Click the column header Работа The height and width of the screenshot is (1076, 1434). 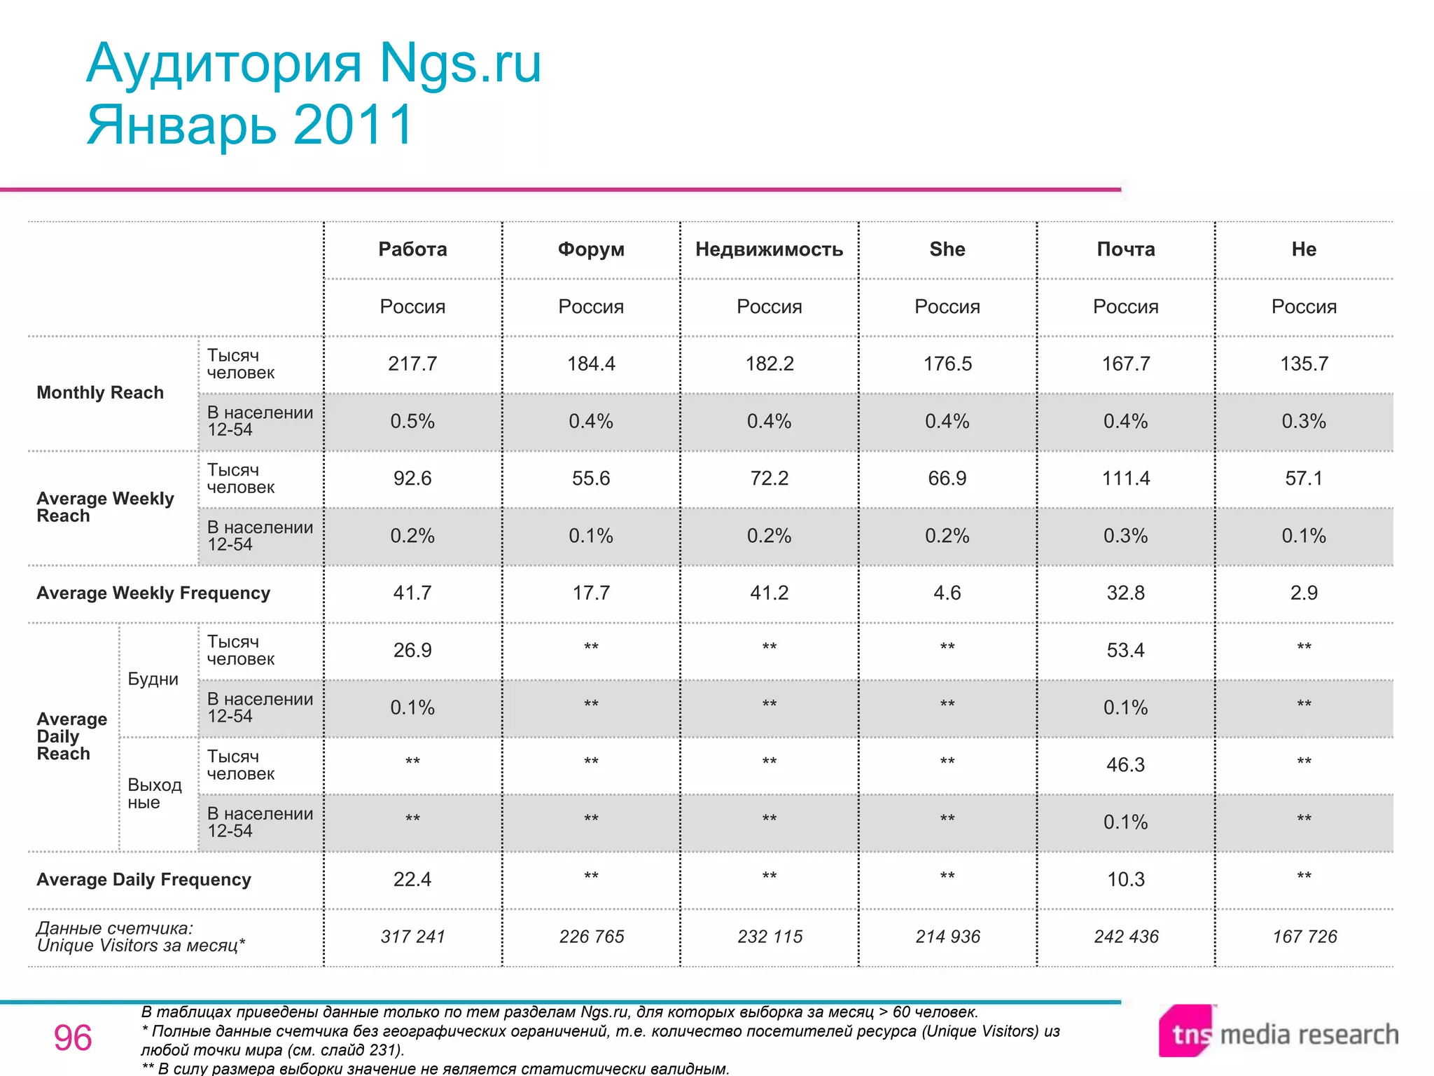(412, 249)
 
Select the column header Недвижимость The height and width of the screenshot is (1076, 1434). (769, 249)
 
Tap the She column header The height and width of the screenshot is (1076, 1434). (947, 249)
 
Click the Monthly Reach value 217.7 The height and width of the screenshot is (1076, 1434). (412, 364)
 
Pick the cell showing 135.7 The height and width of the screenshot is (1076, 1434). (1304, 364)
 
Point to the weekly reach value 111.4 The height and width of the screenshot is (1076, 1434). (1125, 478)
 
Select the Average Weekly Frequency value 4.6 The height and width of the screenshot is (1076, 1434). (947, 593)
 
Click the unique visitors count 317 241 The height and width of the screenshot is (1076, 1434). (412, 937)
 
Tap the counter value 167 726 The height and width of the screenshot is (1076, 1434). (1304, 937)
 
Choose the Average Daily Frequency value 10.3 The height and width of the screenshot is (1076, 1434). (1125, 879)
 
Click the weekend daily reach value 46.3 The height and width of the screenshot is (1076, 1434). (1125, 764)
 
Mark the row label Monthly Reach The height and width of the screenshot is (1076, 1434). (100, 392)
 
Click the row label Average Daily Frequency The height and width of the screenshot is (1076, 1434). (144, 879)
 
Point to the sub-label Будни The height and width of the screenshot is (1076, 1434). (153, 679)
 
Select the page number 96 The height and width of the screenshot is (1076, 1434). (73, 1037)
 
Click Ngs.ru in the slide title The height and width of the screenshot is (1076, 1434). (460, 63)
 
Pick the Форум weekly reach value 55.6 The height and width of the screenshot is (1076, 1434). (590, 478)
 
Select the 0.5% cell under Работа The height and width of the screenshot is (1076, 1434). (412, 421)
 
